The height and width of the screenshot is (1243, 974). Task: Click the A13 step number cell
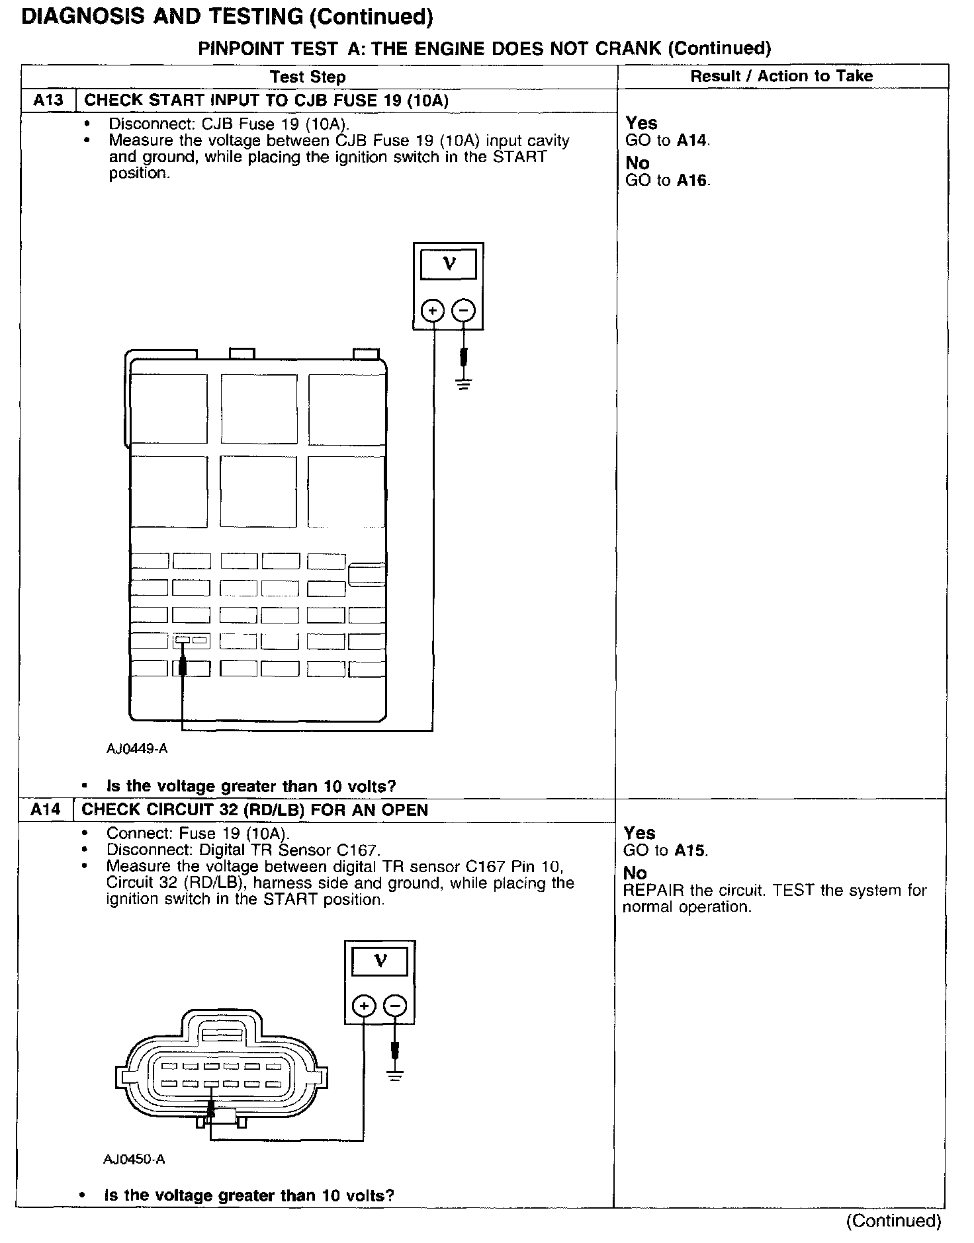[48, 100]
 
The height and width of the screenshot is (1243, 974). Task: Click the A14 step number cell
[46, 810]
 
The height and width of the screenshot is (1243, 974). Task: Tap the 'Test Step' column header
[308, 77]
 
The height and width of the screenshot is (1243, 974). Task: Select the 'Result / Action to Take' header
[781, 76]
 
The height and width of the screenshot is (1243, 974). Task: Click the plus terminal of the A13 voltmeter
[433, 309]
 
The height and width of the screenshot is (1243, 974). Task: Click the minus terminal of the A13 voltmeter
[464, 309]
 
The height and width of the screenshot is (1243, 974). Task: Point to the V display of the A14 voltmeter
[380, 961]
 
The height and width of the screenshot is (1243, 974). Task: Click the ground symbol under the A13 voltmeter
[464, 383]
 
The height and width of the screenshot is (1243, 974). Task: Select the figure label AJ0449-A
[137, 748]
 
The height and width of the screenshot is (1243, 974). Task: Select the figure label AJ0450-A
[134, 1159]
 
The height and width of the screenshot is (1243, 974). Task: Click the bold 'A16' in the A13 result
[693, 180]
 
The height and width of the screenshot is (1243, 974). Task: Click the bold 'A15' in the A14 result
[690, 851]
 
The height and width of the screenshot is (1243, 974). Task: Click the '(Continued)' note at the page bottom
[893, 1221]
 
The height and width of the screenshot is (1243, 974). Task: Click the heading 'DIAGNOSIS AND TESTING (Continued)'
[227, 17]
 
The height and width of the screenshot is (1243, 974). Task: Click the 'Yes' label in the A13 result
[641, 123]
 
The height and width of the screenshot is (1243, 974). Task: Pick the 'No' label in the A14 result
[635, 873]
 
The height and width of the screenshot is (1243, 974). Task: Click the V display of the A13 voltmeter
[449, 264]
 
